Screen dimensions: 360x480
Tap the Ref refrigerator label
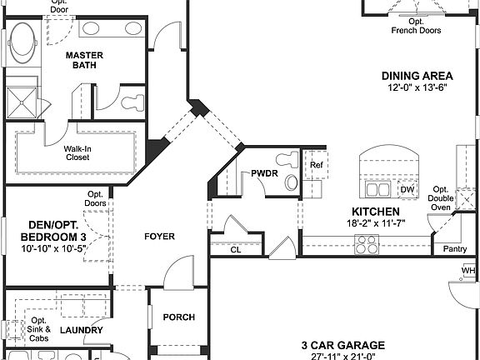[x=316, y=164]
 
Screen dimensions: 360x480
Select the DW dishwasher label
[x=407, y=189]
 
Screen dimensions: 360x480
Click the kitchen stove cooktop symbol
[x=367, y=244]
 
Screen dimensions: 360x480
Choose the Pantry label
[x=455, y=248]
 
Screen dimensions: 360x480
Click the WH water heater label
[x=468, y=271]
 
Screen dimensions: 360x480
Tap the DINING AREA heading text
[x=417, y=75]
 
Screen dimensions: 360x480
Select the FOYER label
[x=159, y=237]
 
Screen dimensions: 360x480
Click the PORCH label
[x=178, y=317]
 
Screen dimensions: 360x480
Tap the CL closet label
[x=236, y=248]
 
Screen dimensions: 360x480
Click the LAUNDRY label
[x=82, y=331]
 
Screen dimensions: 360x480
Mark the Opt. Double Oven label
[x=442, y=199]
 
